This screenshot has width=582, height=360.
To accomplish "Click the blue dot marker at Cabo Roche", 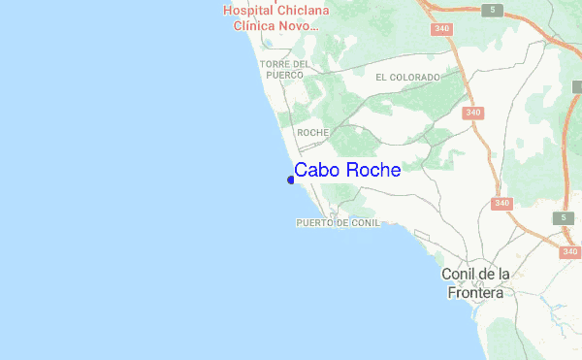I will pyautogui.click(x=291, y=179).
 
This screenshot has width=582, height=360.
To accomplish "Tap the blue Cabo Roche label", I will pyautogui.click(x=347, y=171).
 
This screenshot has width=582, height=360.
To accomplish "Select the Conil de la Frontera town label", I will pyautogui.click(x=475, y=282).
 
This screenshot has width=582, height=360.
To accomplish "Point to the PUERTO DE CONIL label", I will pyautogui.click(x=338, y=223).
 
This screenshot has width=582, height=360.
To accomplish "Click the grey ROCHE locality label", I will pyautogui.click(x=313, y=132).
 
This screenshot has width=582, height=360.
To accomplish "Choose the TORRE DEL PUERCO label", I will pyautogui.click(x=285, y=69).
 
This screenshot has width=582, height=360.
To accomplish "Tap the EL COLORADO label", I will pyautogui.click(x=407, y=77).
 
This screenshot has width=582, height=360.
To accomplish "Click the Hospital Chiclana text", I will pyautogui.click(x=275, y=11).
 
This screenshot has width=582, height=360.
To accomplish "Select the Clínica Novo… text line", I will pyautogui.click(x=271, y=26).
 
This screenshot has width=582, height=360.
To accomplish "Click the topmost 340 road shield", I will pyautogui.click(x=442, y=29).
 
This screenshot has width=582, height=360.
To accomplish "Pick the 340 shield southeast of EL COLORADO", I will pyautogui.click(x=473, y=114).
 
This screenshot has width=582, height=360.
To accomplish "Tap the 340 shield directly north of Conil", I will pyautogui.click(x=501, y=203).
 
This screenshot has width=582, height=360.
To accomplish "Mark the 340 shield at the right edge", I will pyautogui.click(x=569, y=251).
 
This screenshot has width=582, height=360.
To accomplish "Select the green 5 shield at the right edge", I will pyautogui.click(x=563, y=218).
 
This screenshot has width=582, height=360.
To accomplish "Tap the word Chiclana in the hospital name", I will pyautogui.click(x=303, y=11).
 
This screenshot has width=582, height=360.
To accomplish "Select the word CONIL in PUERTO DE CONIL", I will pyautogui.click(x=365, y=223).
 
